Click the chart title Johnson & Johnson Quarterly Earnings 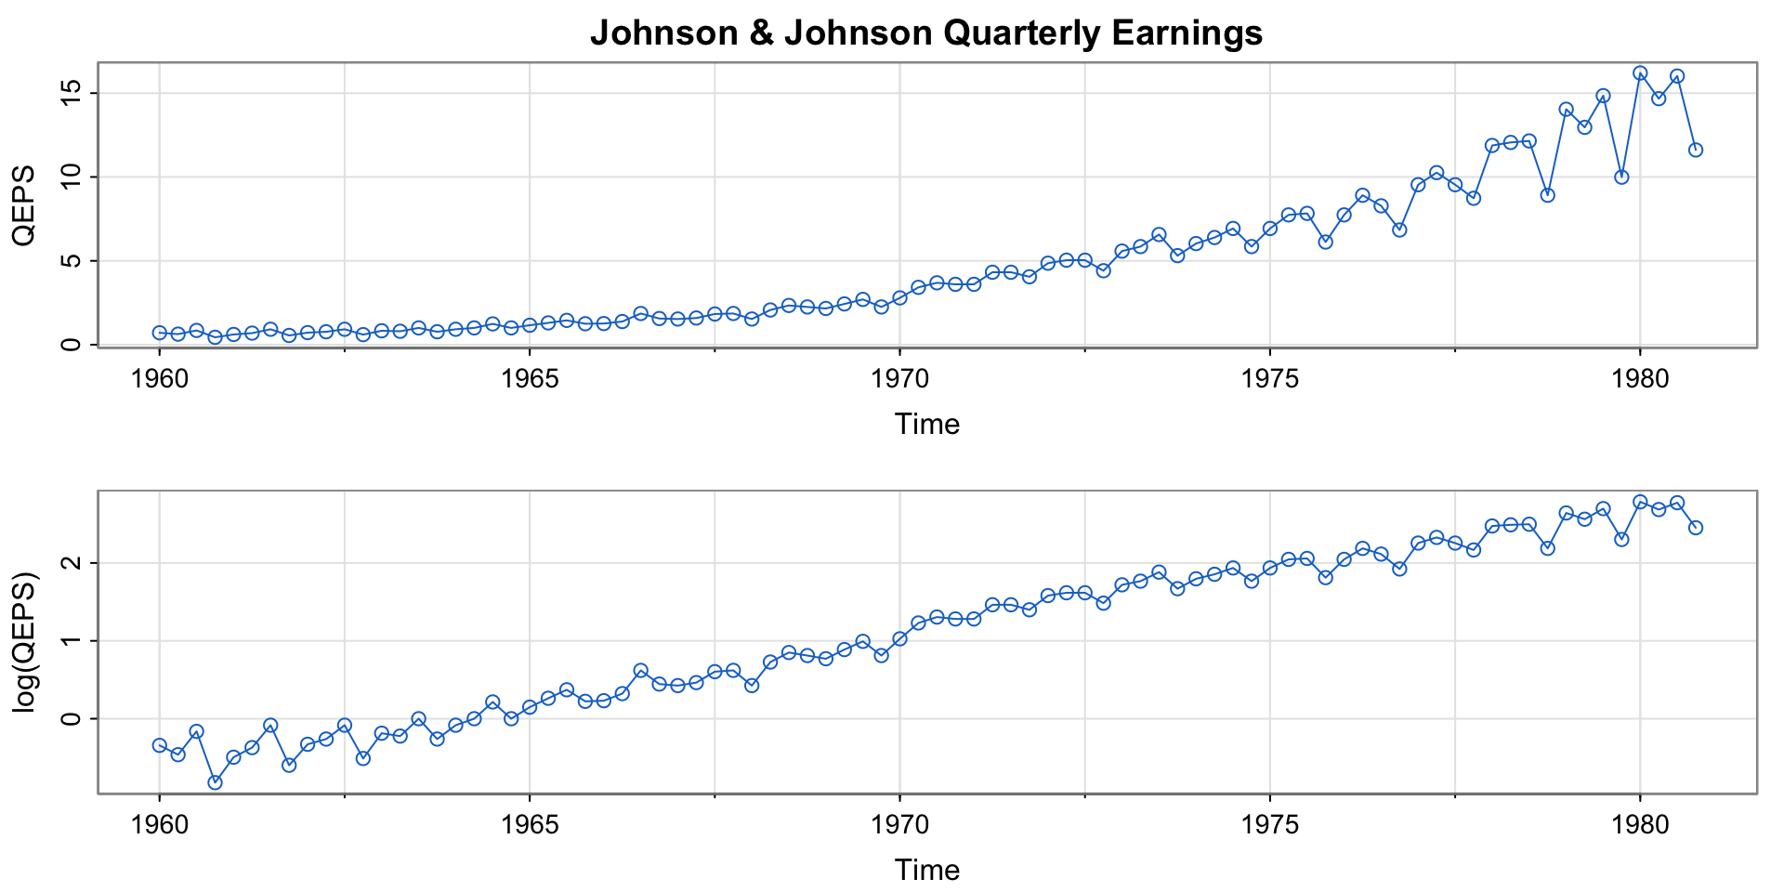click(x=925, y=33)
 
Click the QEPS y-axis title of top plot click(x=24, y=204)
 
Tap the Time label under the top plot click(x=926, y=425)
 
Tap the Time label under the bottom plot click(x=926, y=870)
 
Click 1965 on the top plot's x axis click(x=530, y=379)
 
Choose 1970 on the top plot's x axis click(x=899, y=379)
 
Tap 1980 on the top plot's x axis click(x=1640, y=379)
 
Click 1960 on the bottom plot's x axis click(x=160, y=825)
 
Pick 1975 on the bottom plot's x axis click(x=1270, y=825)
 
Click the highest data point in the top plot click(x=1640, y=72)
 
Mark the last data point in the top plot click(x=1696, y=150)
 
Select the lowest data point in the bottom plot click(x=215, y=782)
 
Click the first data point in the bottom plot click(x=160, y=745)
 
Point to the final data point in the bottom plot click(x=1696, y=528)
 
